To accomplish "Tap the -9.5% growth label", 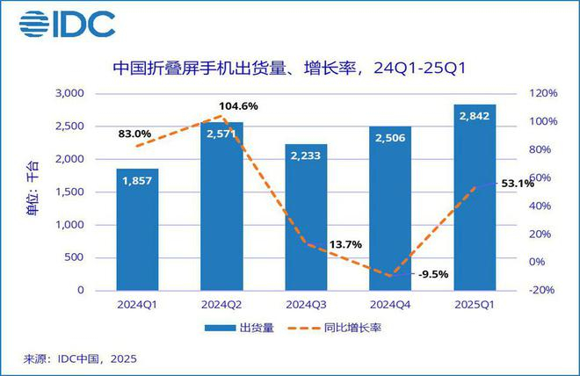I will click(432, 273).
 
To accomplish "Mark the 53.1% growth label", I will click(516, 184).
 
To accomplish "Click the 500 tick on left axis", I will click(74, 257).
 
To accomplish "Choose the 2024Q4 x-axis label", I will click(390, 306).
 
